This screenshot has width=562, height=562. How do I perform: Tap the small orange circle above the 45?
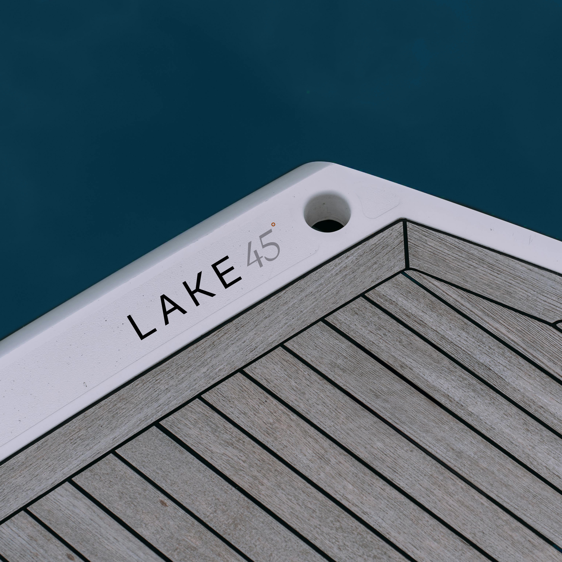273,224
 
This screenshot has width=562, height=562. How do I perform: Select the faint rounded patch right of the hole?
378,203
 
